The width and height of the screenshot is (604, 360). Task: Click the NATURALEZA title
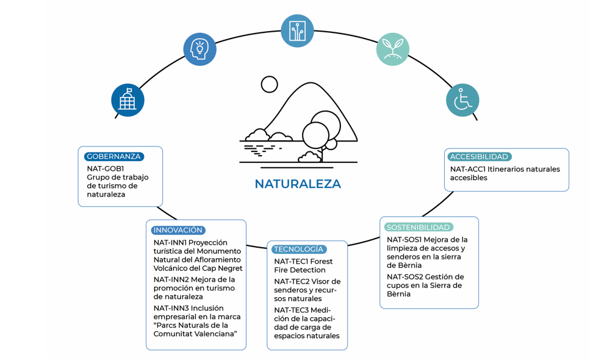297,184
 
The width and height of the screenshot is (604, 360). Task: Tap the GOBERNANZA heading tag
114,157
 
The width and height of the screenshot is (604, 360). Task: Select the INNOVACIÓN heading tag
178,230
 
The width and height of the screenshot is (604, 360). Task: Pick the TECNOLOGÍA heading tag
298,249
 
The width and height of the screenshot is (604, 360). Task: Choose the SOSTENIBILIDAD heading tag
418,227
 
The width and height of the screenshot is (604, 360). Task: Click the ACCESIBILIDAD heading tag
479,157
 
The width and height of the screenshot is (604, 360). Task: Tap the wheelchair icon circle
462,100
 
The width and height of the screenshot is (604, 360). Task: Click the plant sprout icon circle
393,49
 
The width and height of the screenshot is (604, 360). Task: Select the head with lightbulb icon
200,49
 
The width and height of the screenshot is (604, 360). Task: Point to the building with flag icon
128,100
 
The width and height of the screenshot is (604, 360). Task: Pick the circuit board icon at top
297,31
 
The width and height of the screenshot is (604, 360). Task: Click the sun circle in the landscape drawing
269,85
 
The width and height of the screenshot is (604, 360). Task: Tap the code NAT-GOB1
106,168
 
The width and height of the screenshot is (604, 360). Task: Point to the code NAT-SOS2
405,276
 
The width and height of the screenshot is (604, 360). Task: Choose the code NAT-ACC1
467,169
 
